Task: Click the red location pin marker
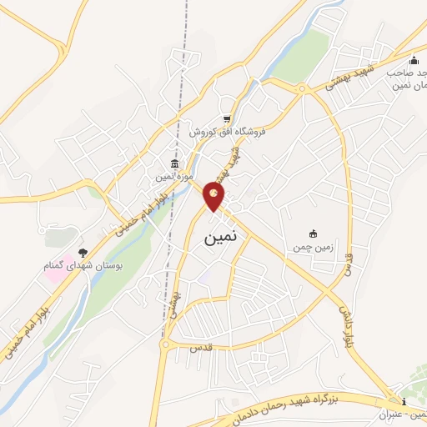pyautogui.click(x=214, y=196)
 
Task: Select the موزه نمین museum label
pyautogui.click(x=173, y=177)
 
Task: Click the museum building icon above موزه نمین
pyautogui.click(x=173, y=163)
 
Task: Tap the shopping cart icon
pyautogui.click(x=226, y=118)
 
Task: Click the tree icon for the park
pyautogui.click(x=82, y=252)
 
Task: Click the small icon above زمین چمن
pyautogui.click(x=314, y=234)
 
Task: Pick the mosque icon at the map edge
pyautogui.click(x=414, y=59)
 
